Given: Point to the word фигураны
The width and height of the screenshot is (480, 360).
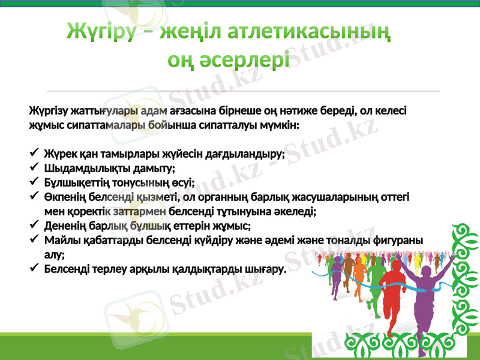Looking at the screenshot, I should [399, 241].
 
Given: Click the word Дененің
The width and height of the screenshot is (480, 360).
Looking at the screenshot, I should [64, 226].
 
